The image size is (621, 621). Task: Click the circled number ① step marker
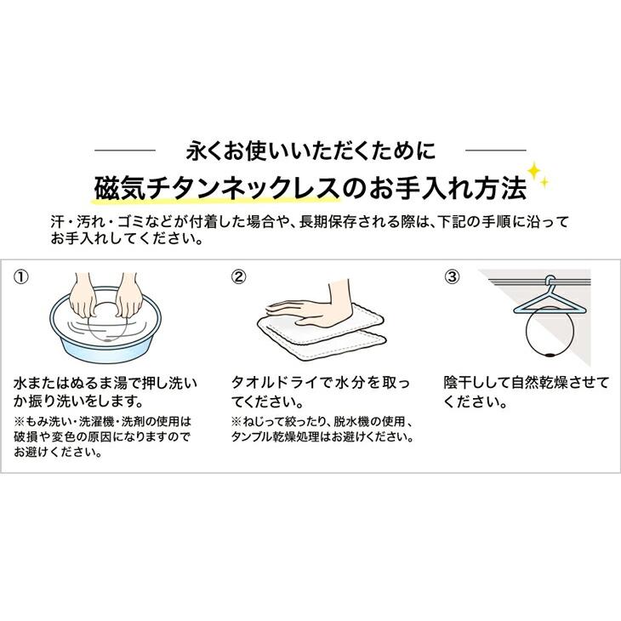pyautogui.click(x=21, y=277)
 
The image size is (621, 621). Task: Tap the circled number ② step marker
pyautogui.click(x=239, y=277)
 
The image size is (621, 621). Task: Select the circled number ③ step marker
pyautogui.click(x=453, y=277)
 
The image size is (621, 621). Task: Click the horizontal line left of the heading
pyautogui.click(x=124, y=151)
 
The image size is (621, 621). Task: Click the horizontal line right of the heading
pyautogui.click(x=497, y=151)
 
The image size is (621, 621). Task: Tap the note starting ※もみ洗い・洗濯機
pyautogui.click(x=103, y=420)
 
